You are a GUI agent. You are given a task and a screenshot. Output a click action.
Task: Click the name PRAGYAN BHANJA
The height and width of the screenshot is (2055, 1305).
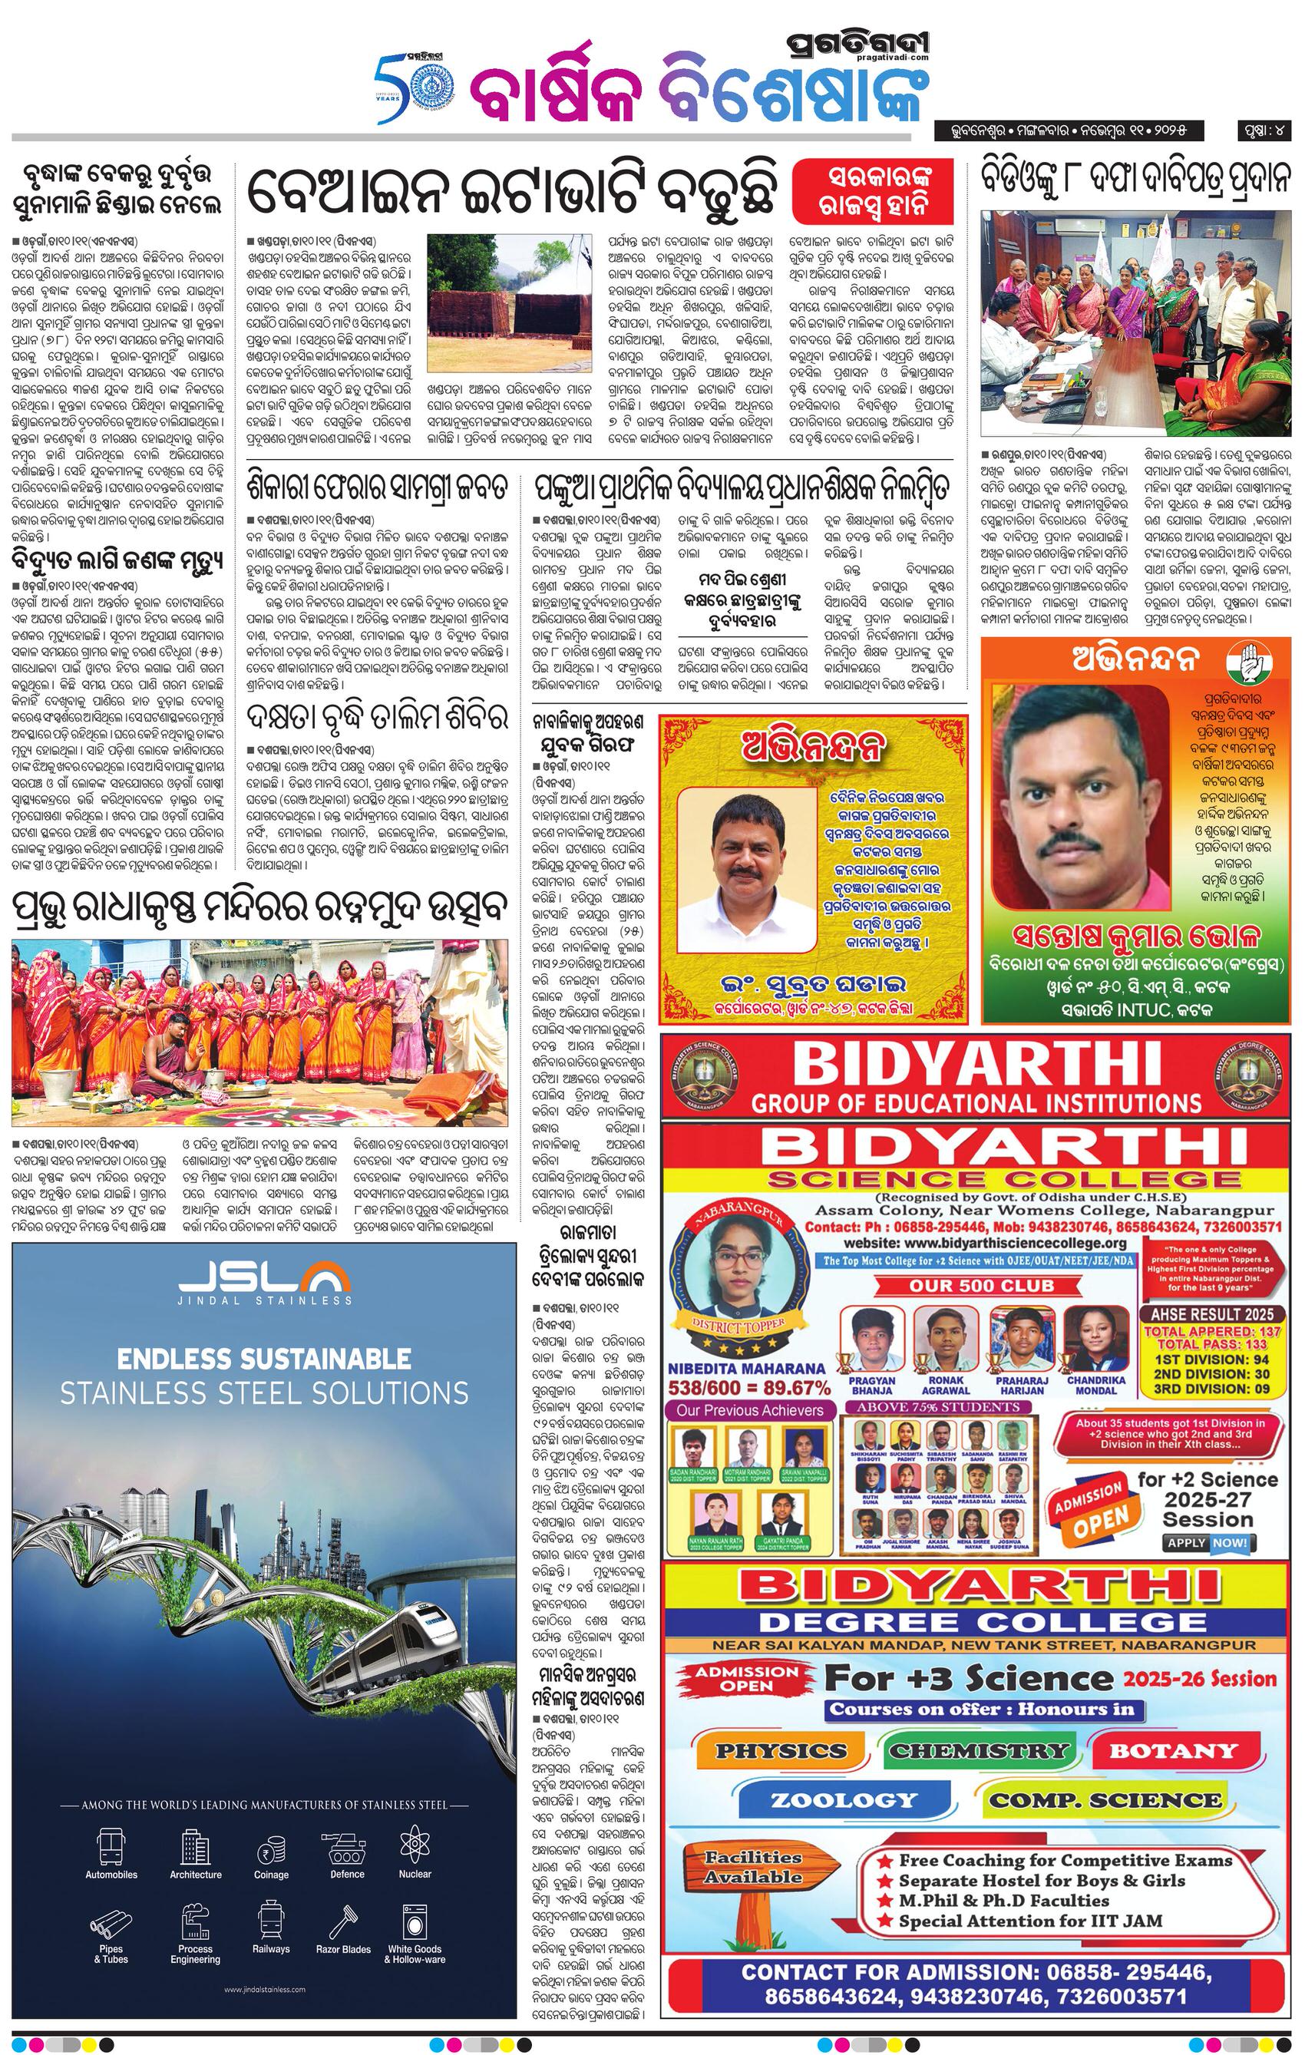(x=872, y=1385)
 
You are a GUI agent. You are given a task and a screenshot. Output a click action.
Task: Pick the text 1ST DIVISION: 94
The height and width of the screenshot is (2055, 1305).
(x=1213, y=1360)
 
